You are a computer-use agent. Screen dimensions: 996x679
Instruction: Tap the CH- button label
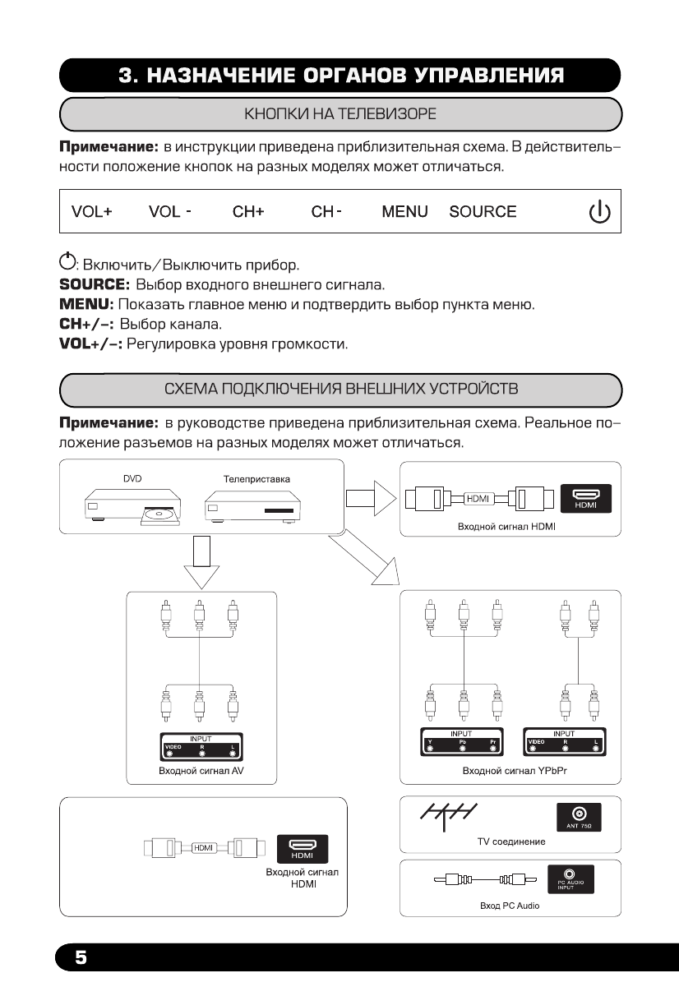point(326,212)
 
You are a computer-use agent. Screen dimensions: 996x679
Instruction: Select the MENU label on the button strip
point(405,212)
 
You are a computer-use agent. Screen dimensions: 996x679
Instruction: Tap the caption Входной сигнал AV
point(195,772)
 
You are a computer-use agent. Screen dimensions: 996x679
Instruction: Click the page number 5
point(81,957)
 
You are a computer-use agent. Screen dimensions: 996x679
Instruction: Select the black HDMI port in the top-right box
point(585,499)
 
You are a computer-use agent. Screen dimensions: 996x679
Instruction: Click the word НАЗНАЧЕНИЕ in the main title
point(235,76)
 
